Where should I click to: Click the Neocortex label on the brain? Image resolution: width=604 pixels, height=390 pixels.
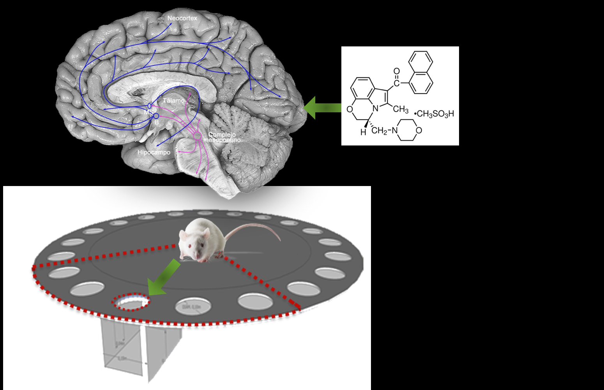pos(182,18)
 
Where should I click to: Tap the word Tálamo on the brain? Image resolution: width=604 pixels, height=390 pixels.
pos(173,101)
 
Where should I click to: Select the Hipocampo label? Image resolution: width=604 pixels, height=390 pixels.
pos(154,152)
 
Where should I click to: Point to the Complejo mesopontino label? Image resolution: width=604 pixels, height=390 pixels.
pos(222,137)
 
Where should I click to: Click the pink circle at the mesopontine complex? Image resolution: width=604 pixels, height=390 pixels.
pos(198,136)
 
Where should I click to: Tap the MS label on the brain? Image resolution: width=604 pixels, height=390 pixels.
pos(148,112)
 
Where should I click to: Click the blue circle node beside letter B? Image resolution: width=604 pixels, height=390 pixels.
pos(156,116)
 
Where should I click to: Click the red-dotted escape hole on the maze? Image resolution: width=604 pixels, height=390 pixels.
pos(131,302)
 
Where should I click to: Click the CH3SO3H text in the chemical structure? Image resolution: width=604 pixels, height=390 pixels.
pos(435,114)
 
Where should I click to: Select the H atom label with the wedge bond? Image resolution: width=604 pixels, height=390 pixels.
pos(363,132)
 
